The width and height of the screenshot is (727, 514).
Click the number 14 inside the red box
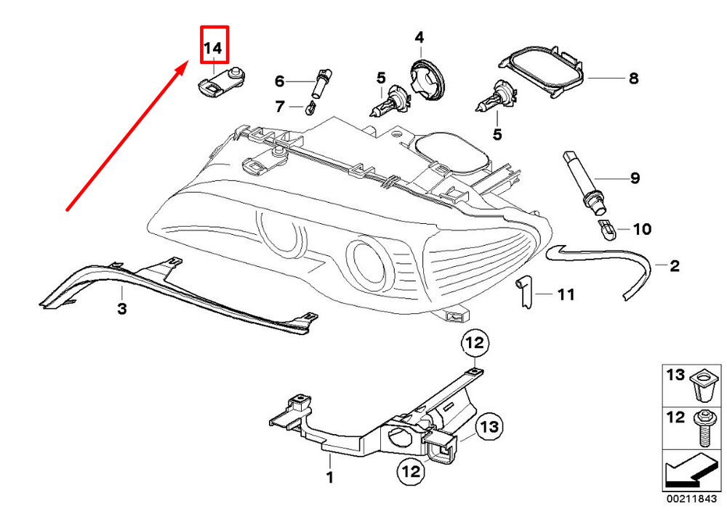pyautogui.click(x=214, y=49)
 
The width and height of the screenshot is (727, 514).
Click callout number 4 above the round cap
pyautogui.click(x=419, y=37)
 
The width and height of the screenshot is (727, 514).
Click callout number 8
pyautogui.click(x=633, y=78)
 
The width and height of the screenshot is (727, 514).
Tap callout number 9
pyautogui.click(x=634, y=177)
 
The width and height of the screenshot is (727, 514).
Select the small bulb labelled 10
pyautogui.click(x=606, y=230)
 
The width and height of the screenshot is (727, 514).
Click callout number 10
pyautogui.click(x=642, y=230)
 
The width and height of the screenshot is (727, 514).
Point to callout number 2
pyautogui.click(x=674, y=266)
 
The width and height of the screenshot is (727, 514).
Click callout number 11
pyautogui.click(x=566, y=294)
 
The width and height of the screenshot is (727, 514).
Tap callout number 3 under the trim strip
pyautogui.click(x=122, y=310)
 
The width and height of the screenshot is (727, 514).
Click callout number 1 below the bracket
pyautogui.click(x=329, y=478)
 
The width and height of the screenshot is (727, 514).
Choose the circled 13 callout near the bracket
pyautogui.click(x=489, y=427)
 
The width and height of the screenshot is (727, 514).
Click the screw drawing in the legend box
pyautogui.click(x=704, y=430)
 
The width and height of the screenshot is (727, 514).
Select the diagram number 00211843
pyautogui.click(x=694, y=501)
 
